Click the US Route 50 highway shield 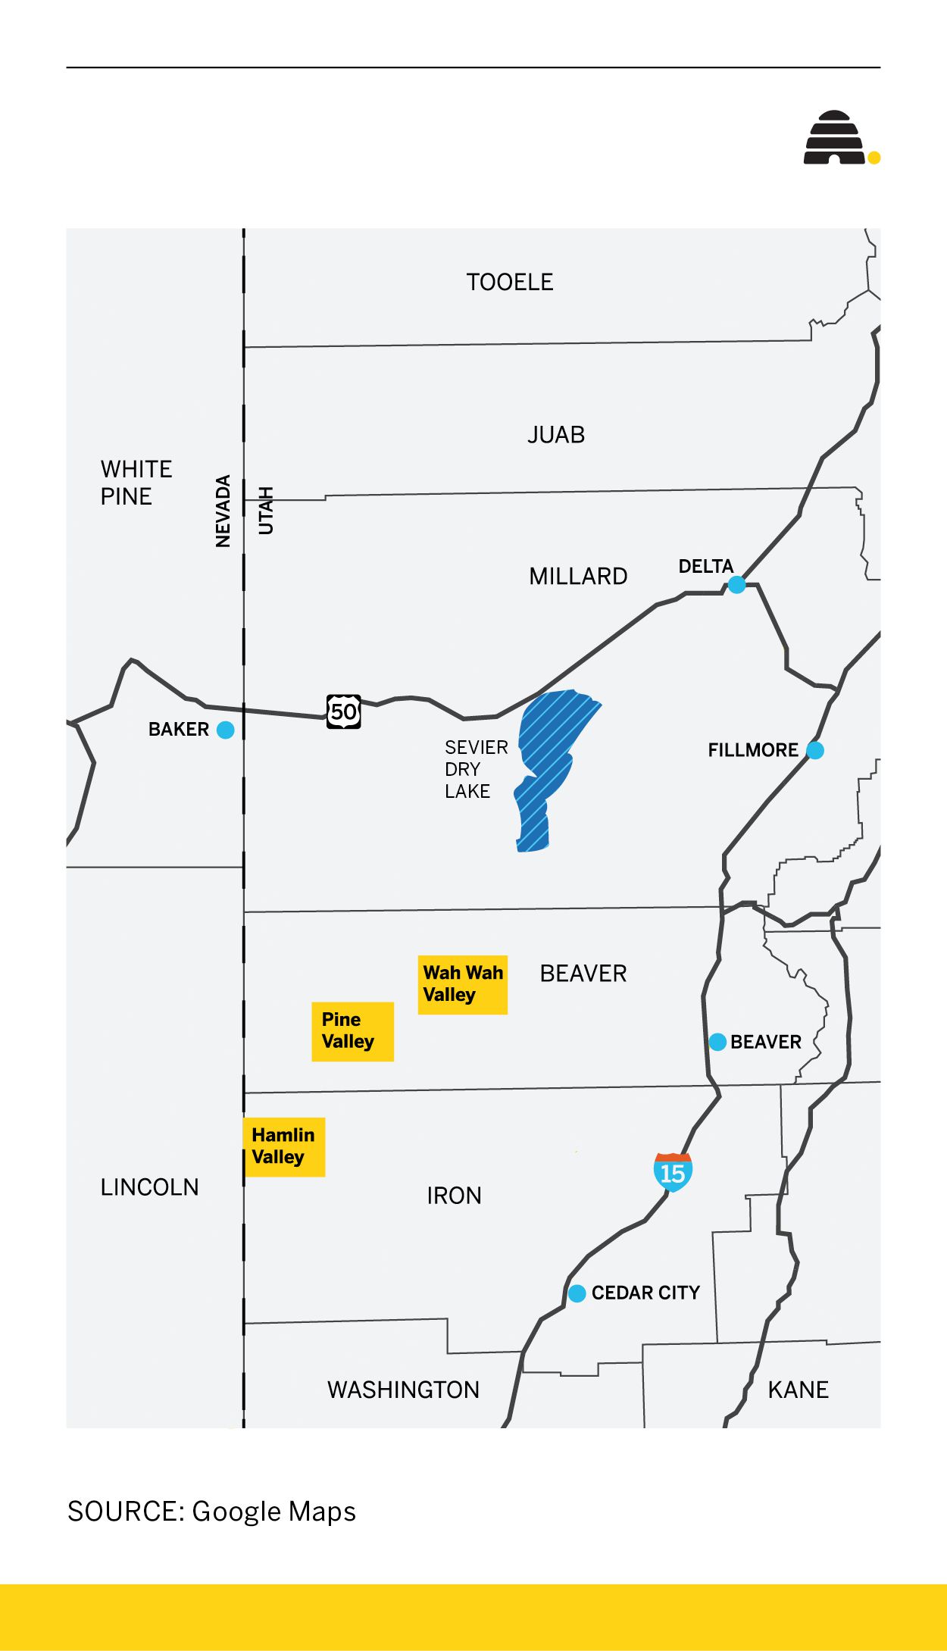(x=343, y=711)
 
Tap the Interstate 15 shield (x=673, y=1172)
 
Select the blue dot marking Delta (x=736, y=584)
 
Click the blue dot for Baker (x=225, y=730)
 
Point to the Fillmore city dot (x=815, y=750)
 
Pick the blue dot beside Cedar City (x=577, y=1293)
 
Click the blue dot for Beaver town (x=717, y=1042)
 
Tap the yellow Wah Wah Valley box (x=462, y=984)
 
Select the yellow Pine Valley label (x=352, y=1031)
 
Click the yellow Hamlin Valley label (x=284, y=1146)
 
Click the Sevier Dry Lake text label (x=475, y=769)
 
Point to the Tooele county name (x=509, y=282)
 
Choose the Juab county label (x=556, y=435)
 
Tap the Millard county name (x=578, y=577)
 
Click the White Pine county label (x=136, y=483)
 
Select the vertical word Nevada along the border (x=223, y=511)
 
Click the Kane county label (x=798, y=1390)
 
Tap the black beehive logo (x=834, y=138)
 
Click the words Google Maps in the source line (x=273, y=1511)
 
